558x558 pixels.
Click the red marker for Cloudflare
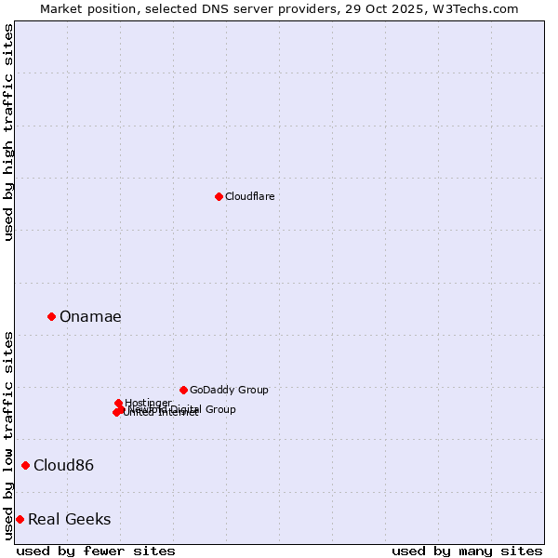(219, 196)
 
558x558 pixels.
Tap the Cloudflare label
(249, 196)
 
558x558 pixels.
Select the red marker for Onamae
(51, 316)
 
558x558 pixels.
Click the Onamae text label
(90, 316)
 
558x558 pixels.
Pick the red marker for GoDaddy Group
(183, 390)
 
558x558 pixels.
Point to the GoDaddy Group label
(229, 390)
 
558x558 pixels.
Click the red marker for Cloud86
(25, 465)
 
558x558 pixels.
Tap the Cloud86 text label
(63, 465)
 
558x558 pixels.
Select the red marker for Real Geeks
(20, 519)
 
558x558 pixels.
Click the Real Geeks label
(69, 519)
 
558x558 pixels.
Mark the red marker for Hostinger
(118, 403)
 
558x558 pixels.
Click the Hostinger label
(148, 403)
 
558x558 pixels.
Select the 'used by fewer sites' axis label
(96, 551)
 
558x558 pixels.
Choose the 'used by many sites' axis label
(467, 551)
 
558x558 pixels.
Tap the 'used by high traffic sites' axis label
(8, 132)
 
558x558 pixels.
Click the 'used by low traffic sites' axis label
(8, 435)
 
